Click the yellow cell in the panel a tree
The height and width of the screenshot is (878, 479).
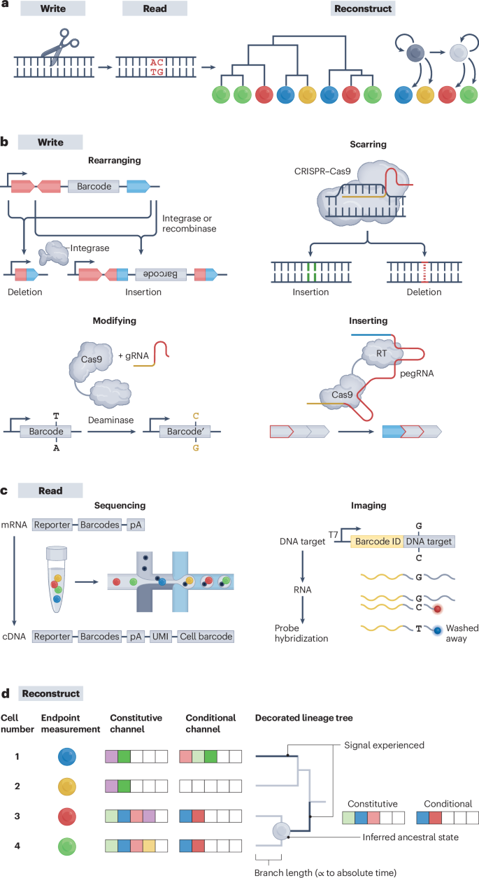pos(307,94)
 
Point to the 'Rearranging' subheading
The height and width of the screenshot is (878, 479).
pos(113,160)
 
